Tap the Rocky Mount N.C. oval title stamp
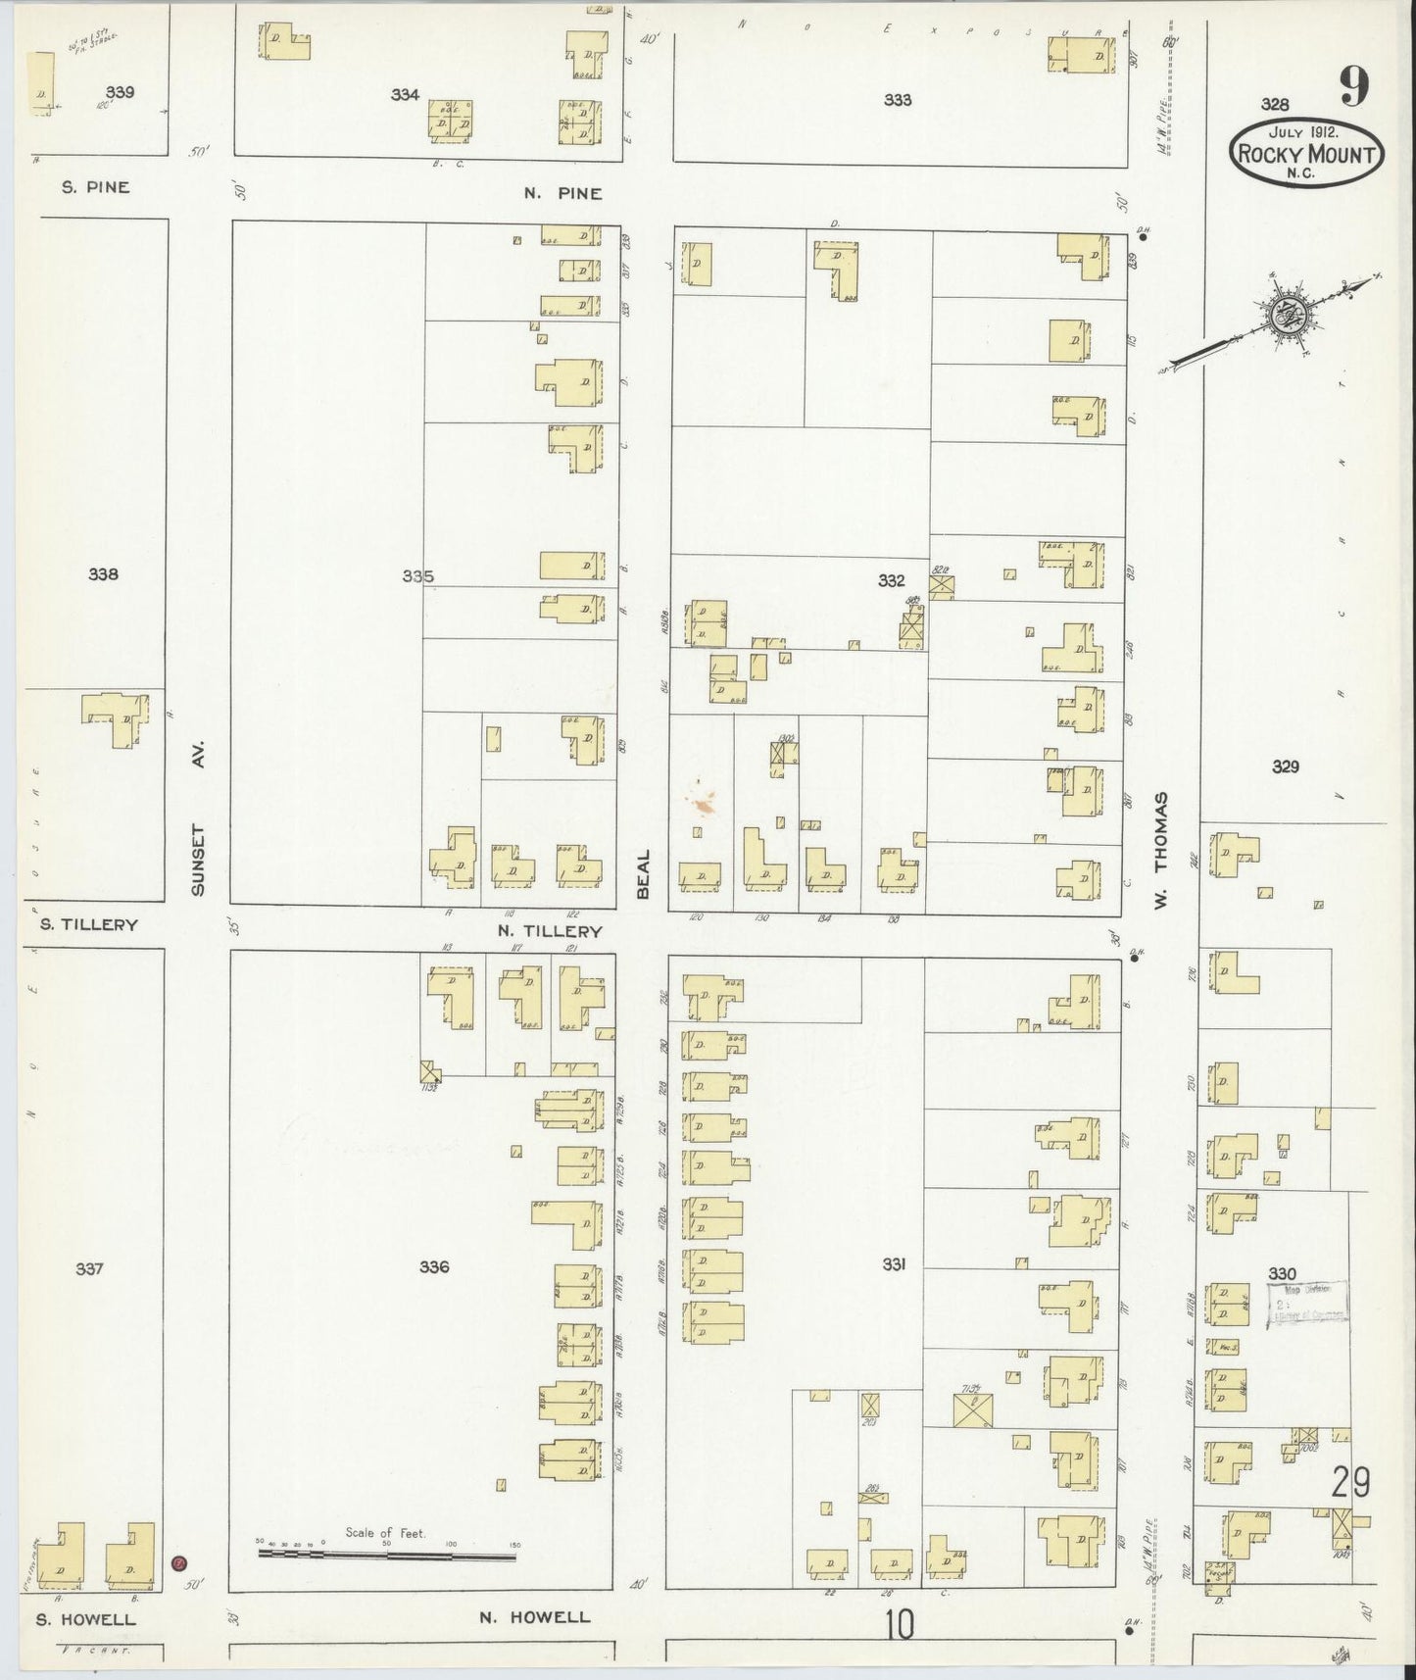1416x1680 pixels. tap(1307, 153)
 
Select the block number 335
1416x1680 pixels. tap(417, 576)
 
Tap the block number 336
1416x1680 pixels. tap(434, 1266)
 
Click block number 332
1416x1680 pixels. tap(891, 581)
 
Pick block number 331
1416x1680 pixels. tap(893, 1264)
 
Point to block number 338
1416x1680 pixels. tap(103, 574)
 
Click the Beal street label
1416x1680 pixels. tap(644, 873)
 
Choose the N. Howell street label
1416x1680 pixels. tap(534, 1617)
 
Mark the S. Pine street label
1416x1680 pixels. tap(95, 186)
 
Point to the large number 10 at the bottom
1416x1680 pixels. tap(899, 1626)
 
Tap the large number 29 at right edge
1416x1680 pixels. tap(1349, 1481)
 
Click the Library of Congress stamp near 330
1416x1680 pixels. tap(1310, 1304)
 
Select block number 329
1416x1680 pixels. tap(1285, 766)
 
